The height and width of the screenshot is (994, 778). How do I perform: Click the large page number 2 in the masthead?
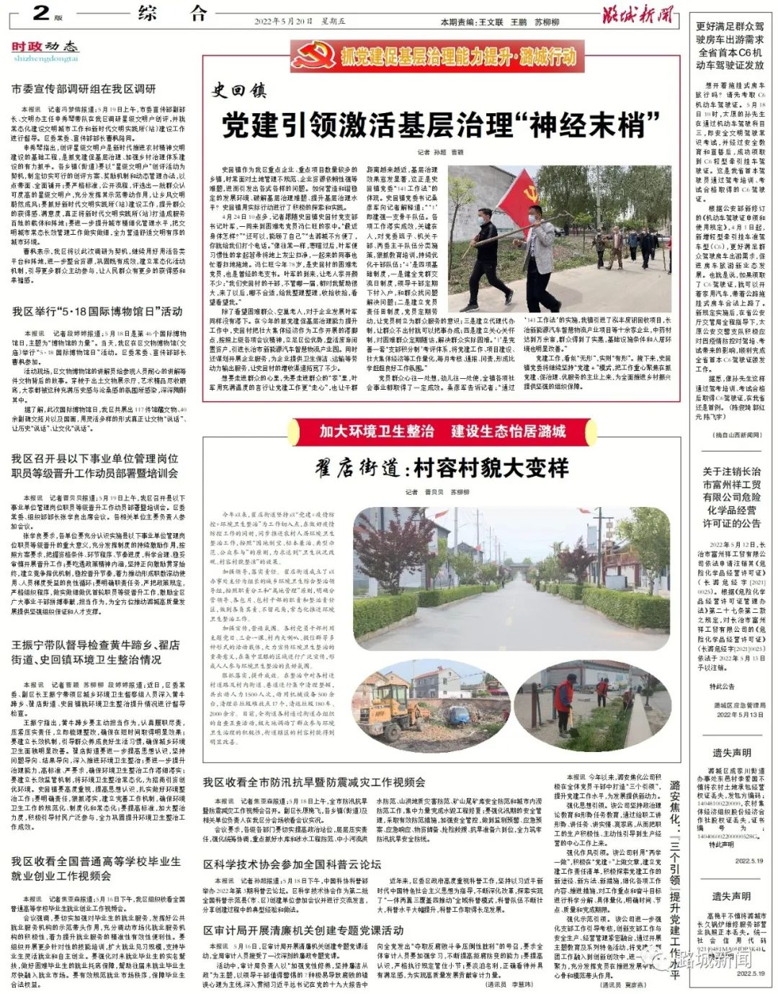(41, 12)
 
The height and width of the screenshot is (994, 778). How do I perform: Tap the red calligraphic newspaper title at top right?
(638, 14)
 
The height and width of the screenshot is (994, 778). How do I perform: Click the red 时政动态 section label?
(44, 47)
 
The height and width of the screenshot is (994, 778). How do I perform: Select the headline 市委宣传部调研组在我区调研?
(84, 89)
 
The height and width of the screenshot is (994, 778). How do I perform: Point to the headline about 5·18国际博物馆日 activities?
(97, 312)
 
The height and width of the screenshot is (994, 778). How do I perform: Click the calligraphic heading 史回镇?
(238, 91)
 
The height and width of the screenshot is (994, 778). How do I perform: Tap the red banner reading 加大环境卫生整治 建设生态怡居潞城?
(442, 431)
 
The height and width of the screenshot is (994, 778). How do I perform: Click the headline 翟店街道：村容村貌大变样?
(442, 469)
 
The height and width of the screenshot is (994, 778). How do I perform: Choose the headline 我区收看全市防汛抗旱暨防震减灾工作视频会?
(313, 782)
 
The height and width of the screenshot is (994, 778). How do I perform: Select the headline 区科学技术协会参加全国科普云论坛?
(292, 864)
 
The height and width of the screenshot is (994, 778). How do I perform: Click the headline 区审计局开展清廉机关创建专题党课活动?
(303, 930)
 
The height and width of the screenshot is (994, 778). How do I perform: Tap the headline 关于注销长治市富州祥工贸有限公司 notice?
(731, 497)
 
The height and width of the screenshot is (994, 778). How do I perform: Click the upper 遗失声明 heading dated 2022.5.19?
(731, 753)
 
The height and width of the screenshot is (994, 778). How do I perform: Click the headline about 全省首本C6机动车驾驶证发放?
(730, 45)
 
